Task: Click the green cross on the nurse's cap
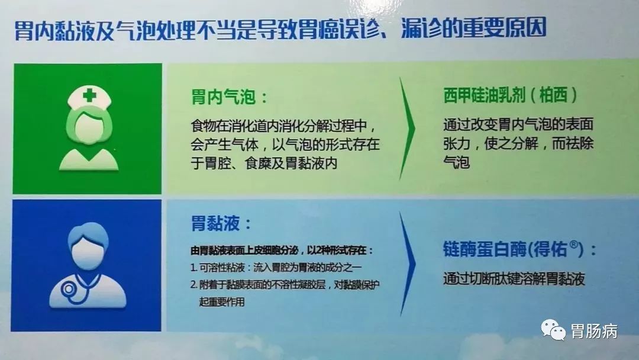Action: pos(89,96)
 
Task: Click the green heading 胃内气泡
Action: pos(224,98)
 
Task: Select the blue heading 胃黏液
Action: pos(215,223)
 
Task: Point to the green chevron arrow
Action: pos(407,129)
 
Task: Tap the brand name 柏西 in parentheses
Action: pos(553,95)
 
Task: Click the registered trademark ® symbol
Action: pos(573,245)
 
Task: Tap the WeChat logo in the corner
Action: pos(553,329)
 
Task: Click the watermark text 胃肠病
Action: pos(594,330)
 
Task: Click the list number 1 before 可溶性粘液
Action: pos(193,268)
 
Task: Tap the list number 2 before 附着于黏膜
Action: pos(194,285)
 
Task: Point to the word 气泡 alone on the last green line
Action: pos(457,162)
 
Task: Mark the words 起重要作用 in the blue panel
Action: pos(222,302)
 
